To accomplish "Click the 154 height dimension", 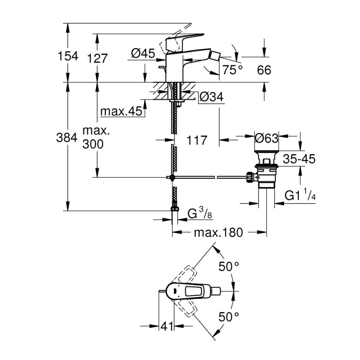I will (68, 57).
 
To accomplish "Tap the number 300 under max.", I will (93, 144).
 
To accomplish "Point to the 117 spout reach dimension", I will (196, 140).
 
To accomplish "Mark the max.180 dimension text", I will (218, 233).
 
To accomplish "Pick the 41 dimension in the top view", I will (167, 325).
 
